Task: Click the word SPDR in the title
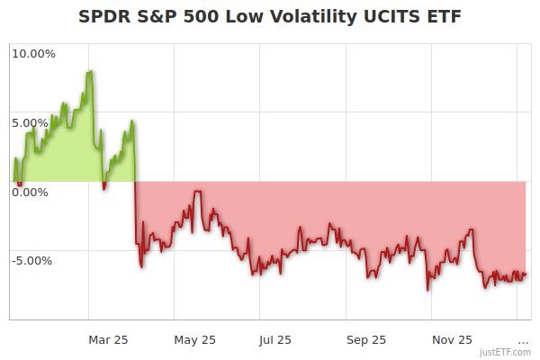click(x=104, y=17)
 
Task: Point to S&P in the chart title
click(x=159, y=17)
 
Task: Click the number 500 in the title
click(x=204, y=17)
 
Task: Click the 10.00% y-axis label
click(x=33, y=54)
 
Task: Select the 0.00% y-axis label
click(x=30, y=192)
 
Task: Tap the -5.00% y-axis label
click(x=32, y=261)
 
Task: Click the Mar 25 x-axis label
click(x=109, y=340)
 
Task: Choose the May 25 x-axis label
click(x=194, y=340)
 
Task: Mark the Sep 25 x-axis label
click(x=365, y=340)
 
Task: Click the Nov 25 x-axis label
click(x=451, y=340)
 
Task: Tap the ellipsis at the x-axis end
click(x=523, y=340)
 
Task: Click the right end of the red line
click(x=526, y=274)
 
